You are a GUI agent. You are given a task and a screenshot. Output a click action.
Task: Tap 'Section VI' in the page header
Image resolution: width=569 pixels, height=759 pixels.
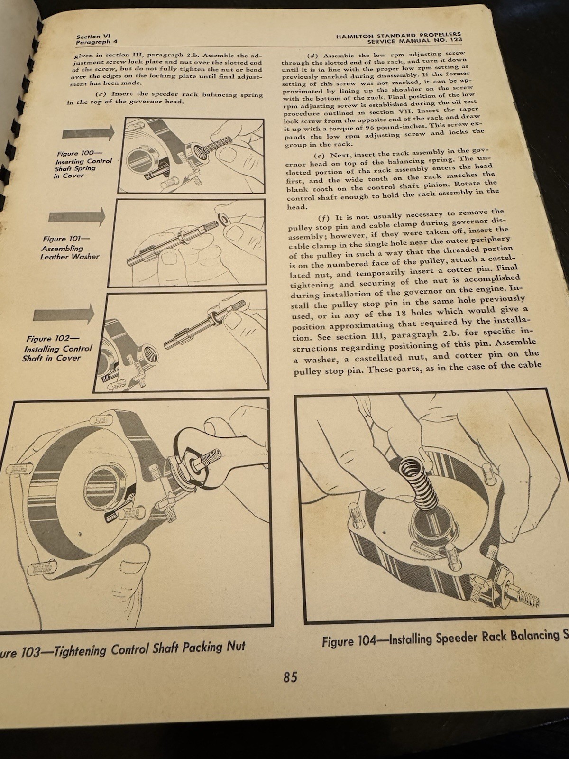coord(88,37)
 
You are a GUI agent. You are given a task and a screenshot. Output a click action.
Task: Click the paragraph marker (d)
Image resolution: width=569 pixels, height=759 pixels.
coord(313,56)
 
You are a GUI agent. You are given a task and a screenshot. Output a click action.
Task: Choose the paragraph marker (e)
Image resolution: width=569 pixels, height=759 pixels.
coord(319,156)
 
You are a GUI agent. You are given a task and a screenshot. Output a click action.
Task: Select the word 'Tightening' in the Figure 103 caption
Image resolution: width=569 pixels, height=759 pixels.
coord(81,650)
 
